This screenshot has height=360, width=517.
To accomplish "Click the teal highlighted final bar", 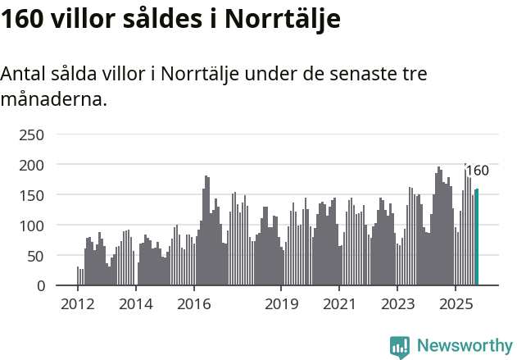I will click(477, 238).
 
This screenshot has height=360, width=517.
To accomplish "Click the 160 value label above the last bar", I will click(477, 171).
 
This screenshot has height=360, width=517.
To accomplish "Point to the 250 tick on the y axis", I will click(31, 134).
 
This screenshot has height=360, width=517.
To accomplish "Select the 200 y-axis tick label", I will click(31, 165).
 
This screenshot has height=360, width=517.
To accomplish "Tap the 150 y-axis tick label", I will click(31, 195).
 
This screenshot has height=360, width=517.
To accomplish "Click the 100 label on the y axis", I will click(31, 226).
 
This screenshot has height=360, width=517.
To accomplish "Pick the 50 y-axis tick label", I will click(35, 256).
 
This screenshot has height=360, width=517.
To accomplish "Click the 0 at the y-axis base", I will click(39, 286).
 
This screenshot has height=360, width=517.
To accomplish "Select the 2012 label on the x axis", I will click(78, 305).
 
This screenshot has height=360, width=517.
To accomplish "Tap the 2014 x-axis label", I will click(136, 305).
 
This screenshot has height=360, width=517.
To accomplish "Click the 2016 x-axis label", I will click(193, 305).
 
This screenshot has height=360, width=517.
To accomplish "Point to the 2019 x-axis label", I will click(281, 305).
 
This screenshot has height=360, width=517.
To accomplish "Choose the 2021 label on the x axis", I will click(338, 305).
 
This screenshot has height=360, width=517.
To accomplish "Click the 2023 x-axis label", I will click(397, 305).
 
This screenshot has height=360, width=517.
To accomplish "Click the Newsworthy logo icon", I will click(400, 346).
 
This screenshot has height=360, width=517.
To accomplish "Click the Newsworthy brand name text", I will click(465, 346).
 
